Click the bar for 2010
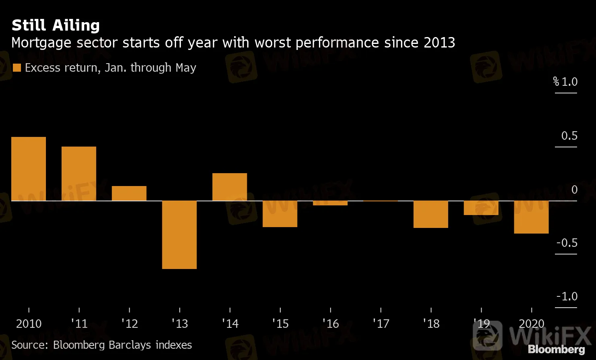coord(29,169)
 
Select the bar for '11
coord(79,174)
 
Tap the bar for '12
coord(129,193)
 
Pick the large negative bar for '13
coord(180,234)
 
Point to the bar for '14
coord(230,187)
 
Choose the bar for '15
coord(280,214)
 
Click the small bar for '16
coord(330,203)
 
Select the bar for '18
coord(431,214)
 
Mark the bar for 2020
coord(532,217)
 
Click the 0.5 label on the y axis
coord(569,136)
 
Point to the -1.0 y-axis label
coord(567,296)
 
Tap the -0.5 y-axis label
coord(567,243)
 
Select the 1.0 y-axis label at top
coord(569,82)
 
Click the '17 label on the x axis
coord(381,324)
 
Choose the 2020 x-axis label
coord(532,324)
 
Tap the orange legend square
coord(17,68)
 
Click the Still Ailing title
coord(56,25)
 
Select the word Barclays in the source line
coord(130,345)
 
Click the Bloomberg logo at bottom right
coord(557,349)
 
